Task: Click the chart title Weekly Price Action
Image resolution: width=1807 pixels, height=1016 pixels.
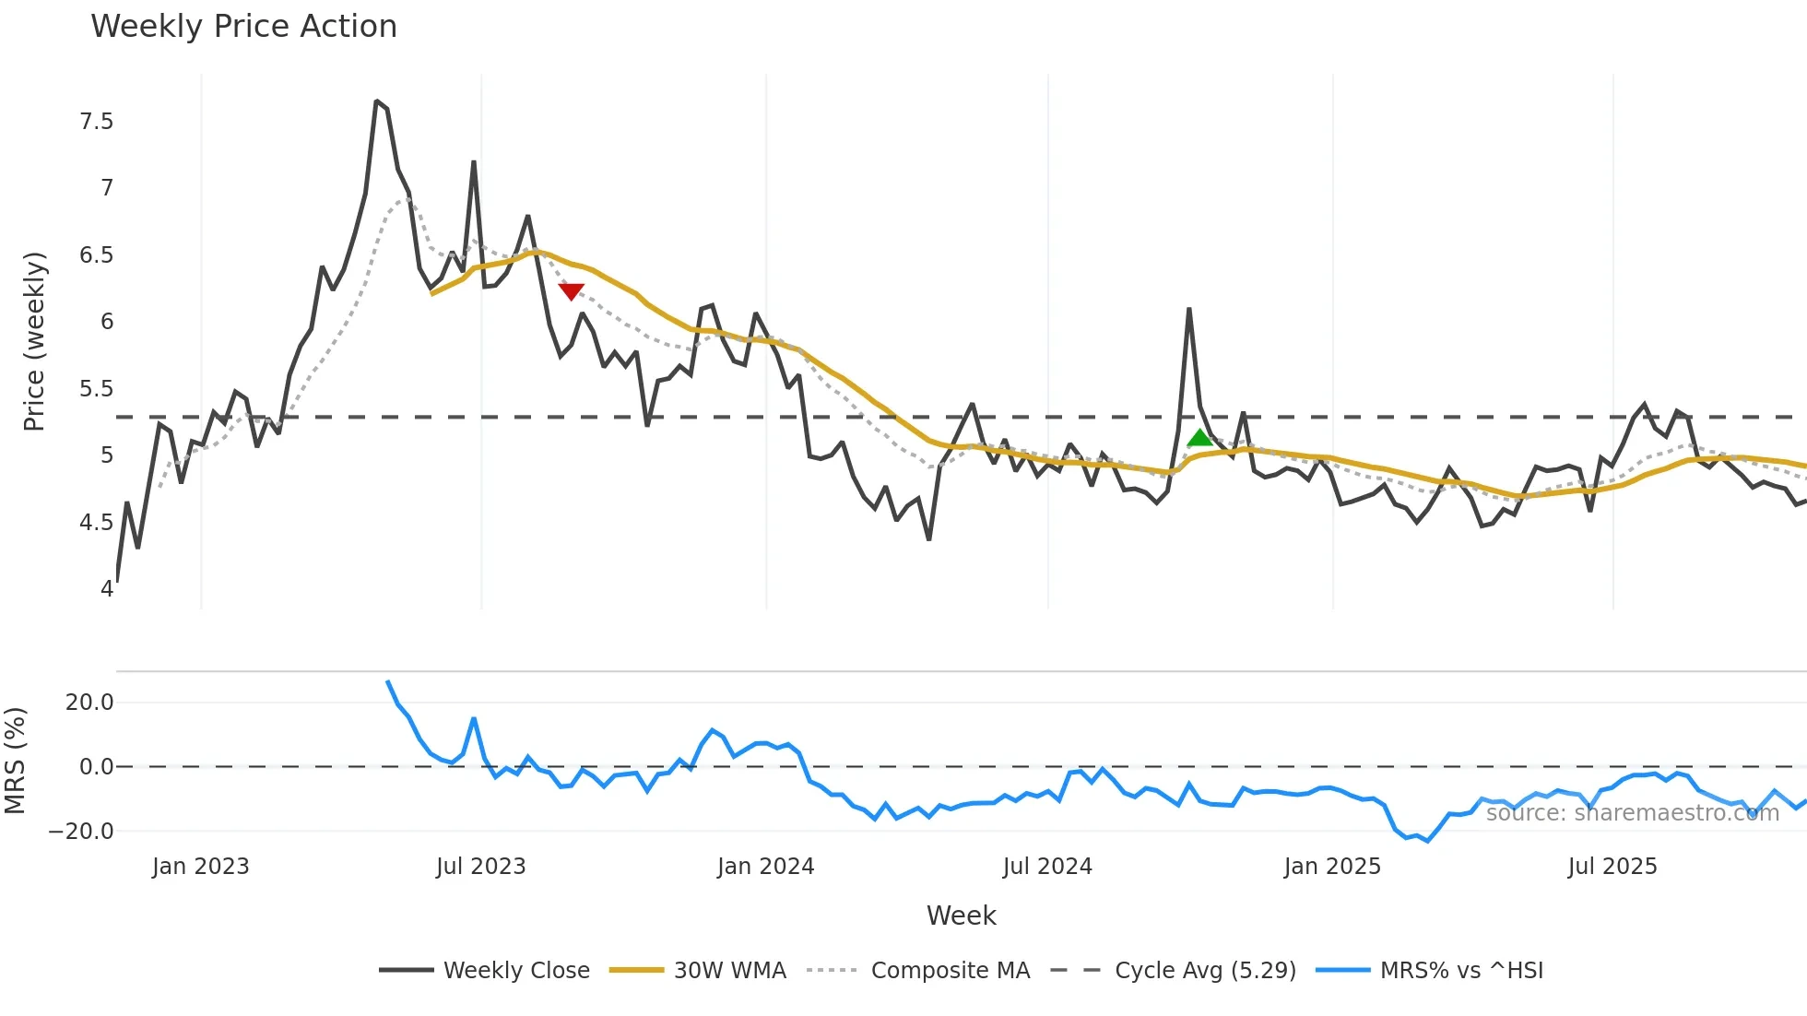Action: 243,27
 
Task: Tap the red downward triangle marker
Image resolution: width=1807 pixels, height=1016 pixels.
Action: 571,291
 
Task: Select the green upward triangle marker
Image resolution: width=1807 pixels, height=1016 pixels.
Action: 1199,438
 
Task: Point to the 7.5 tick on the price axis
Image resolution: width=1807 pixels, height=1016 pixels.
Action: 97,122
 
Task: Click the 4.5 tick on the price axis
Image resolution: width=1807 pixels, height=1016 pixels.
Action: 97,523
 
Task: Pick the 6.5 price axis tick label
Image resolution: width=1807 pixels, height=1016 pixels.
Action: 97,255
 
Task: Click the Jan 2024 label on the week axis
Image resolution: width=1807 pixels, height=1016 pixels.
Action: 765,867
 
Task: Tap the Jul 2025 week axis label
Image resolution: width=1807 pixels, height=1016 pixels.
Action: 1612,867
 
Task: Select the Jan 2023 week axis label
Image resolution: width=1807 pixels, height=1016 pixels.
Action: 201,867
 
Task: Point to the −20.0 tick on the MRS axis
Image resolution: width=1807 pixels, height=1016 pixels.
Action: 81,832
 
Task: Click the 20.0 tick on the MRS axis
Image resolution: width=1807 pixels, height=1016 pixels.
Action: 89,703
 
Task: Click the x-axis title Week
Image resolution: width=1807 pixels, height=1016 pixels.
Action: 961,916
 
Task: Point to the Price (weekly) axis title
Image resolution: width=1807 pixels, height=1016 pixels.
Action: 34,341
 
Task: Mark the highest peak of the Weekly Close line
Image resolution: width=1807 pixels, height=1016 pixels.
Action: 377,101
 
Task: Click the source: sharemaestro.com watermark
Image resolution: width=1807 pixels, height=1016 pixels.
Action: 1632,813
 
